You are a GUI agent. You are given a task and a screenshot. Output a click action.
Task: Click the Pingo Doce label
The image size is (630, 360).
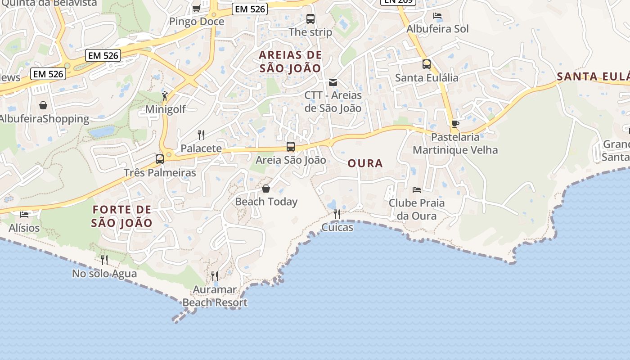pos(196,21)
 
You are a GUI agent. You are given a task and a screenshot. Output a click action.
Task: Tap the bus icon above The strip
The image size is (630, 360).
pos(310,19)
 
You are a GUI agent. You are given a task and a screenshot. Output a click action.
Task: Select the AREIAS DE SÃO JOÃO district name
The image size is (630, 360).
pos(290,62)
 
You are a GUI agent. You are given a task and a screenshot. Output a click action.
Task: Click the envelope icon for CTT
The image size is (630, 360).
pos(333,82)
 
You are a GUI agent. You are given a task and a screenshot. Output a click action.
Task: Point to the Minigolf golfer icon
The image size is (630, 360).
pos(165,96)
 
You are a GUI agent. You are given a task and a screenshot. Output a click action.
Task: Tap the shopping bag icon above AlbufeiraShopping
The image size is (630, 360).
pos(43,105)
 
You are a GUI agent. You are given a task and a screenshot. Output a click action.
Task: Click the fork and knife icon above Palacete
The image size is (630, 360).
pos(201,135)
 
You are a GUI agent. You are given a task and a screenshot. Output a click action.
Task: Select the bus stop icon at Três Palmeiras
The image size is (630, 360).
pos(160,159)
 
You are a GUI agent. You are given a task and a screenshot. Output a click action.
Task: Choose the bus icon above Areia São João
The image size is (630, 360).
pos(291,147)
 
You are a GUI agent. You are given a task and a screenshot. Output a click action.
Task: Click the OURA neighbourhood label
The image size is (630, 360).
pos(365,163)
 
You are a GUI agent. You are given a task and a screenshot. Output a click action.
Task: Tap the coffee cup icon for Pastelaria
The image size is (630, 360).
pos(455,124)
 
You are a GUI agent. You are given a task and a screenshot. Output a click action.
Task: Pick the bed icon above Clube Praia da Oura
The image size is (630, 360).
pos(417,190)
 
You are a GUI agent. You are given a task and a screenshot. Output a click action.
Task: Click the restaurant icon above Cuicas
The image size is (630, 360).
pos(337,214)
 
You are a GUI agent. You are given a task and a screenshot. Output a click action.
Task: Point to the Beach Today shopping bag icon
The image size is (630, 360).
pos(266,188)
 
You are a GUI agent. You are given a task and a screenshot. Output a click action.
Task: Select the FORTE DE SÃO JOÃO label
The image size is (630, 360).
pos(121,216)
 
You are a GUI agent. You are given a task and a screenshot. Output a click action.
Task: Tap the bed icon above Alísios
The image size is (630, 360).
pos(24,214)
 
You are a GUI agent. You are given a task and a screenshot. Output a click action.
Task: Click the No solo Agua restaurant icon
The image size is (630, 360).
pos(104,260)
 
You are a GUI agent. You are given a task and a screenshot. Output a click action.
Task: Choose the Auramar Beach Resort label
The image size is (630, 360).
pos(215,296)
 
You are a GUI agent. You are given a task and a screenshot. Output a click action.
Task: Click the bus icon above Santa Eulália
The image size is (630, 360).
pos(427,64)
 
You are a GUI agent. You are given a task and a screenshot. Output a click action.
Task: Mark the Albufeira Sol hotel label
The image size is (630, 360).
pos(437,29)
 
